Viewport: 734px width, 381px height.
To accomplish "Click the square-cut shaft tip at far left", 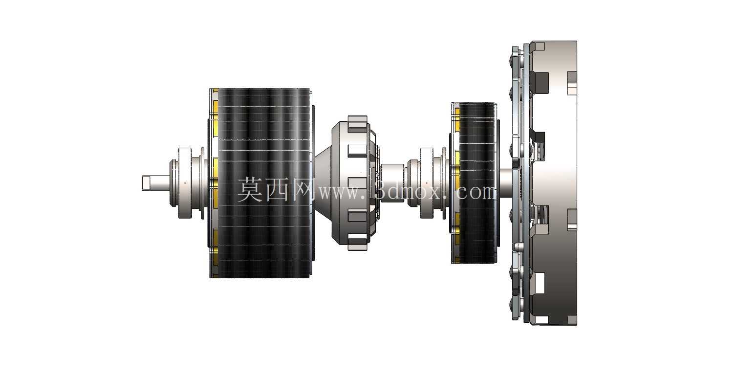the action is (x=147, y=183).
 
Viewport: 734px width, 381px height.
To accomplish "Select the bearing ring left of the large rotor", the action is (x=185, y=183).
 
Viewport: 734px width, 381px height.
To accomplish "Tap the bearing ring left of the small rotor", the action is (x=427, y=183).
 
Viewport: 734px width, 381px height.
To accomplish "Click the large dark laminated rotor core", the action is (x=264, y=183).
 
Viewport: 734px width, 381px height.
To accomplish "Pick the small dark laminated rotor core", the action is (x=477, y=183).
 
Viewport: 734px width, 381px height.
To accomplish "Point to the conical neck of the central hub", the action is (x=324, y=183).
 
